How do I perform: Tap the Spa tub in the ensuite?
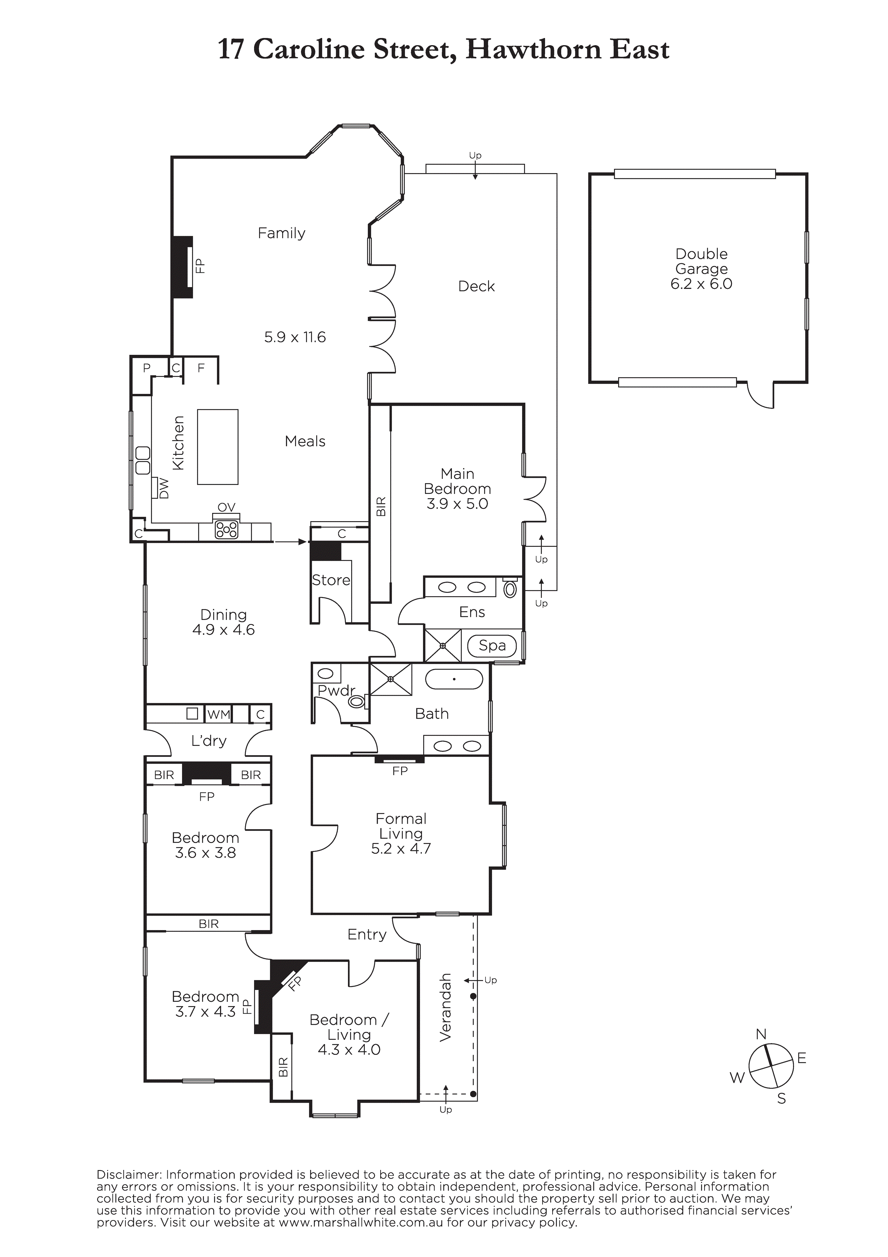492,646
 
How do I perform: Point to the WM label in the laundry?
219,714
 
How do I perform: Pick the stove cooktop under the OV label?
226,529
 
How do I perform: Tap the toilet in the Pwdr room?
357,701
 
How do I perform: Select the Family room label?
281,233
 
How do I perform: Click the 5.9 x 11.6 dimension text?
295,337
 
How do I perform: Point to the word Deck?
476,286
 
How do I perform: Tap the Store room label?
331,580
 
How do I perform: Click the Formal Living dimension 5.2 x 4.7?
401,849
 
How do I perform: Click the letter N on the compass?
761,1034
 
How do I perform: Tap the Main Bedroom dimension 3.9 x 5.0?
457,504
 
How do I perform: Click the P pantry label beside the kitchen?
147,368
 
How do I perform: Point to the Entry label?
367,934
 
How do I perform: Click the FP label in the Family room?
200,266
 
